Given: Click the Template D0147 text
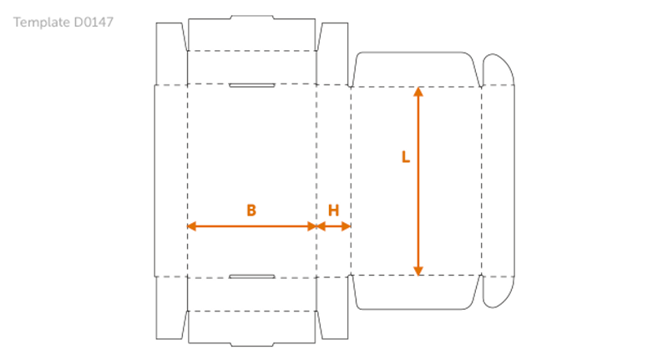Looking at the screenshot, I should (63, 23).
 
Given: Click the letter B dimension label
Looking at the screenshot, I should (251, 211).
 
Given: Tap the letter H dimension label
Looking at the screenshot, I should (333, 211).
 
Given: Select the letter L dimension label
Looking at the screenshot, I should (406, 157).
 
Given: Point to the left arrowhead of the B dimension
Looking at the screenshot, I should (191, 226).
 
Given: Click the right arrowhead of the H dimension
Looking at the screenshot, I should (347, 226).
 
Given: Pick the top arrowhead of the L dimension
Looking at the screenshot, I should (418, 91).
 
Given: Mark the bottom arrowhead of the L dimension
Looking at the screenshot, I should (418, 270).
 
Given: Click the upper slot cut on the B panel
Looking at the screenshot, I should (251, 85).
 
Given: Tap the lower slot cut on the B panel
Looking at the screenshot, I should (251, 276).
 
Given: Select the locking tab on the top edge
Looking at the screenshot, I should (251, 17).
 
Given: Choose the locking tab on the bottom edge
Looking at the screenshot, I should (251, 343).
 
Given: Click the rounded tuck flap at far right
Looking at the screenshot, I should (498, 180).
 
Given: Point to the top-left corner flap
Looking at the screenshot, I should (171, 53).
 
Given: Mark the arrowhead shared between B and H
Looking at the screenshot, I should (316, 226).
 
